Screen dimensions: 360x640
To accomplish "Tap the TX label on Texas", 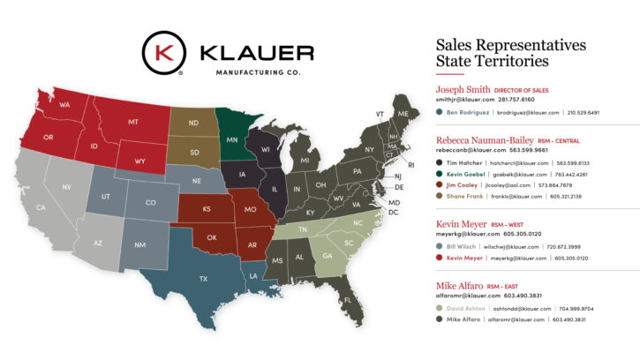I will (203, 279).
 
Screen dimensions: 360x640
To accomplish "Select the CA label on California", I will (41, 207).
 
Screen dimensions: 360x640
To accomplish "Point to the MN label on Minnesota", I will (231, 140).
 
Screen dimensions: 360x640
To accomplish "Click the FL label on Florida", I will (347, 300).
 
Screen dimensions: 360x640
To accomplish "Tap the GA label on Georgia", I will (328, 256).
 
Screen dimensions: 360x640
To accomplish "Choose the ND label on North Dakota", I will (193, 124).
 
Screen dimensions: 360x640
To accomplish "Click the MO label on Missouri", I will (250, 210).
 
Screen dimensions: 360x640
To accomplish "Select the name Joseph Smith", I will (464, 89).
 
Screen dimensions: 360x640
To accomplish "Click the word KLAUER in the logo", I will (257, 52).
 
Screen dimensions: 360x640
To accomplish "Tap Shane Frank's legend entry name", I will (463, 196).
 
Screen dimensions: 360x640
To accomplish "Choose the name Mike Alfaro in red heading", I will (461, 286).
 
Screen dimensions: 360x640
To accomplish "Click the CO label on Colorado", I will (151, 202).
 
